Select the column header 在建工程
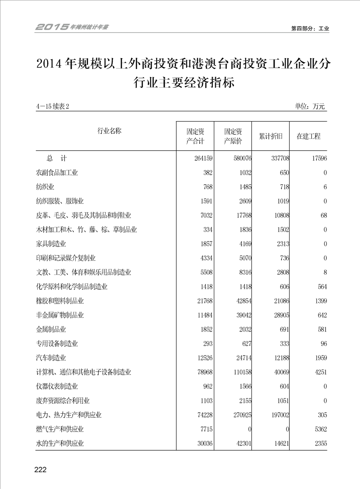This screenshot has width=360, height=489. (x=308, y=136)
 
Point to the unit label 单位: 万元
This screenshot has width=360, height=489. (x=310, y=107)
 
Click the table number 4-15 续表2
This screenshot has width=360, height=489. (x=55, y=107)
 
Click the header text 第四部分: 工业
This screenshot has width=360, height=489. (x=310, y=28)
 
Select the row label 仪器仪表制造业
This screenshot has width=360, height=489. (x=57, y=386)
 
